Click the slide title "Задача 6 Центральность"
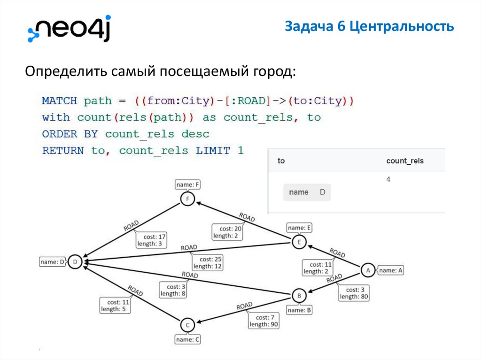click(369, 27)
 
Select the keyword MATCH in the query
click(60, 101)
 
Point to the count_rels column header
click(404, 161)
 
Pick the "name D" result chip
click(307, 192)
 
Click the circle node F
click(187, 199)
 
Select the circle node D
click(75, 262)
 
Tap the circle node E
click(299, 242)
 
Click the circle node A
click(368, 270)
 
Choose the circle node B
click(299, 296)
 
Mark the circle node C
click(187, 325)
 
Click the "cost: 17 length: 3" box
click(152, 240)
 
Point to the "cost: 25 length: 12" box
click(207, 262)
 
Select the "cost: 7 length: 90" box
click(264, 321)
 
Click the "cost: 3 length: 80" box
click(354, 293)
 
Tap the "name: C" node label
click(187, 339)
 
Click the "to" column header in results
click(281, 161)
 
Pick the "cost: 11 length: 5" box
click(115, 306)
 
